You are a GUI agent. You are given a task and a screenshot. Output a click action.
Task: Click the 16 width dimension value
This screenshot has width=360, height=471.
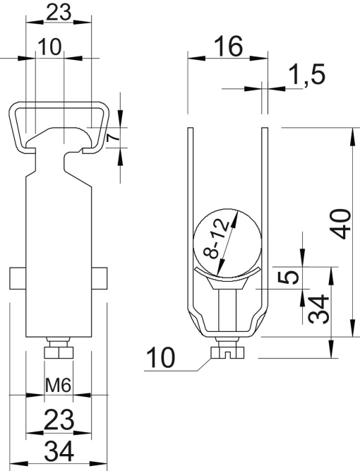228,47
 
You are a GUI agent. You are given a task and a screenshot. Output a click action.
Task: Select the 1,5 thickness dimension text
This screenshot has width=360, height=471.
306,76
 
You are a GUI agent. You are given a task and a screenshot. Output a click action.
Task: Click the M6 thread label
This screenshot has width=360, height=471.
58,385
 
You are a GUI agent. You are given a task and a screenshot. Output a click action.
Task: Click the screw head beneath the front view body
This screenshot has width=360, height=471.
58,352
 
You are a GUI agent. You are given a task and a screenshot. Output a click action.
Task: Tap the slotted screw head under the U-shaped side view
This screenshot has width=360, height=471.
227,347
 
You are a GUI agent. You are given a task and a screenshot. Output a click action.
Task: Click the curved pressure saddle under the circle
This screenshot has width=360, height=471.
227,275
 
